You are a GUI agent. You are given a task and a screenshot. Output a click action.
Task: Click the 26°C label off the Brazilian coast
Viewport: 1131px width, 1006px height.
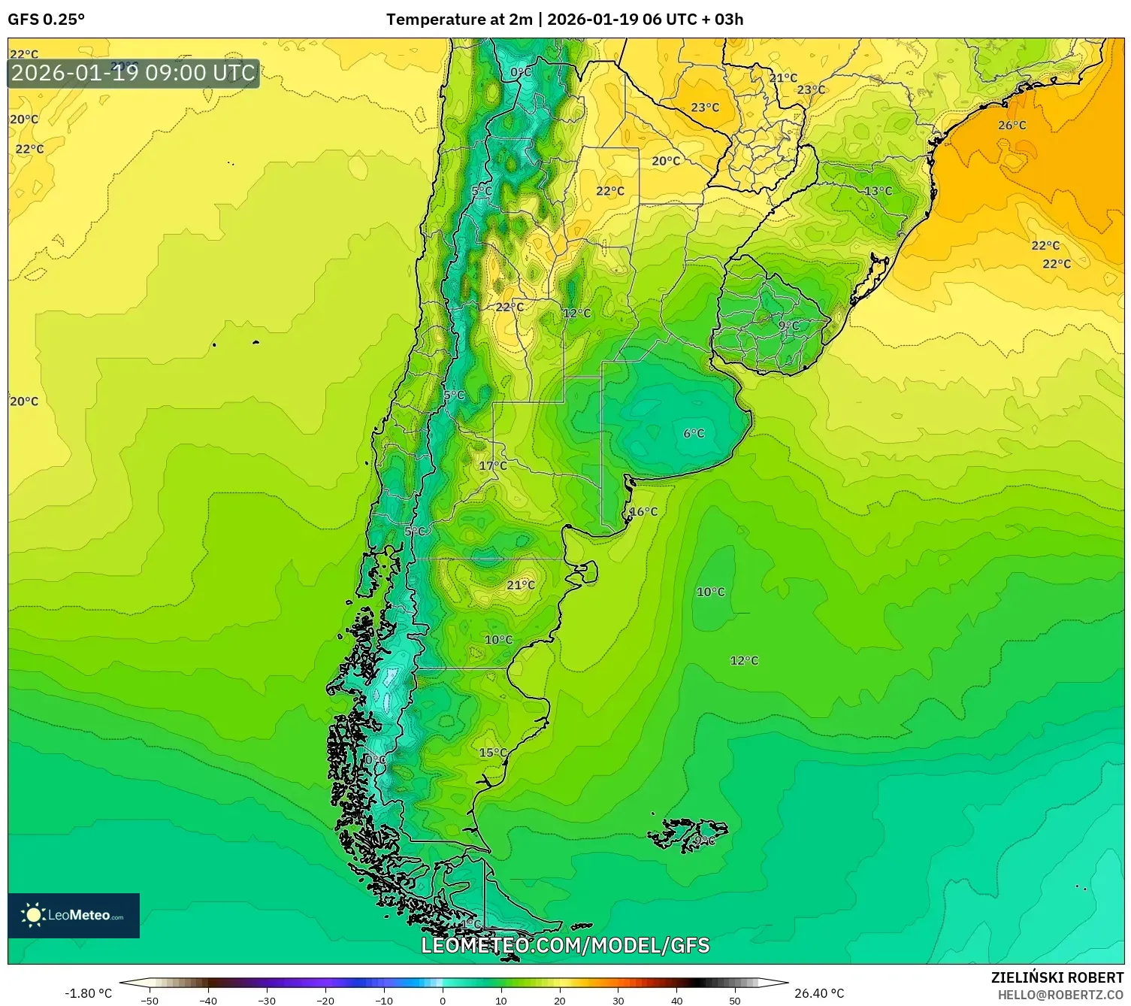1012,126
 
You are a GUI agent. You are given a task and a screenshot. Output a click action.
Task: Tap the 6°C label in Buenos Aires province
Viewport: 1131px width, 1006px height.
694,434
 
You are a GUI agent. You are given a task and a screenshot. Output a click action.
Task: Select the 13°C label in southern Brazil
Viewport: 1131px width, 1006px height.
878,191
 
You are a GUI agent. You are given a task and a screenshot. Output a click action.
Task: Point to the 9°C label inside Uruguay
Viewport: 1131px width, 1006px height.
788,326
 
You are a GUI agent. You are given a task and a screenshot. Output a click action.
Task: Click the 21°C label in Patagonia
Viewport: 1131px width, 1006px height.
521,585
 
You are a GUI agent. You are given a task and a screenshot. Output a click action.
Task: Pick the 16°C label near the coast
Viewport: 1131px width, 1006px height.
643,512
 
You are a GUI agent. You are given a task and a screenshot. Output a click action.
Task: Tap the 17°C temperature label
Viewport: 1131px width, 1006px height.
493,466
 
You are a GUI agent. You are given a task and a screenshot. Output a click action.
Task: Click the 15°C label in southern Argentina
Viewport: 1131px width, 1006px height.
493,753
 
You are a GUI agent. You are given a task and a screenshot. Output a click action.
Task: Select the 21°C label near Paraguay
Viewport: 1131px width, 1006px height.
783,78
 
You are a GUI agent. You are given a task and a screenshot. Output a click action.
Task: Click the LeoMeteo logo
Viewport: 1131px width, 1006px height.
74,915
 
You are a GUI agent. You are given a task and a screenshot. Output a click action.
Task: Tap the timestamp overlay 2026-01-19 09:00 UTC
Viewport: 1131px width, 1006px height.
134,74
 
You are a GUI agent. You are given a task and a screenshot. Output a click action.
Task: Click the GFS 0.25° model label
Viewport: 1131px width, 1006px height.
46,20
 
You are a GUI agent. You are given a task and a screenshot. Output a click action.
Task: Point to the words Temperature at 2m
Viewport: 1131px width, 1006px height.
458,20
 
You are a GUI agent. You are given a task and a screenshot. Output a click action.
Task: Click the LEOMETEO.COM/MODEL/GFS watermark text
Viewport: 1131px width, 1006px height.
565,945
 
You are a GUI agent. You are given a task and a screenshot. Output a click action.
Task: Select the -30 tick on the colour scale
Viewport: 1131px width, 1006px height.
267,1001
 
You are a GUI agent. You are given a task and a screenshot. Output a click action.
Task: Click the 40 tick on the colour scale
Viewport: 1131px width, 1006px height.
676,1001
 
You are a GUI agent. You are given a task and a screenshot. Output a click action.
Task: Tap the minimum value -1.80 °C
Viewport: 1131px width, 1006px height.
88,993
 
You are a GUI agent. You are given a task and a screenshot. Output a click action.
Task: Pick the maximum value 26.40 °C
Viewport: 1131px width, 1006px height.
819,993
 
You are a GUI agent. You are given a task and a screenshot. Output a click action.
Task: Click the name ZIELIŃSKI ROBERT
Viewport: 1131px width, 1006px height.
1057,977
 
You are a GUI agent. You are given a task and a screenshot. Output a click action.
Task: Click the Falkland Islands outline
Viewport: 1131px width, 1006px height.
688,833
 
